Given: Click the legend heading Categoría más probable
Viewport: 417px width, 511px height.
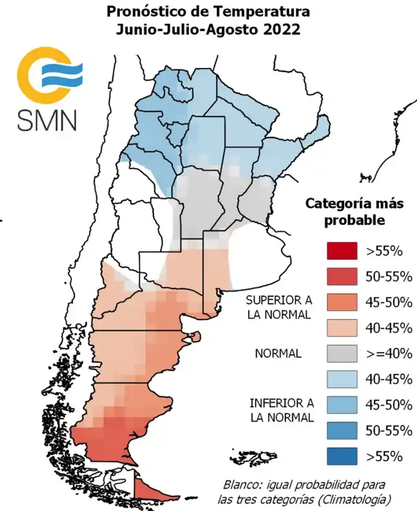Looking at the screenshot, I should [354, 212].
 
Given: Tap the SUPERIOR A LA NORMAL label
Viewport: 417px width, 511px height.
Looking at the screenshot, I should [279, 307].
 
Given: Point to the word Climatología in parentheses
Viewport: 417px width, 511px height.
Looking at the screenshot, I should [359, 499].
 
